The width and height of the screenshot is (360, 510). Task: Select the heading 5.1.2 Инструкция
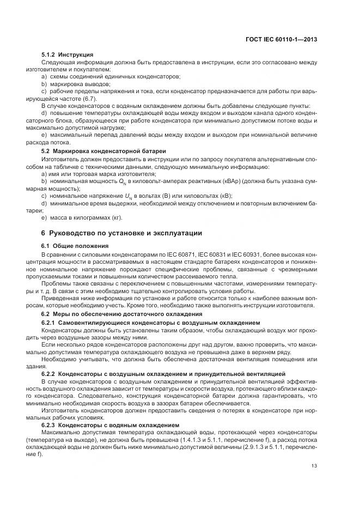[68, 54]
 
